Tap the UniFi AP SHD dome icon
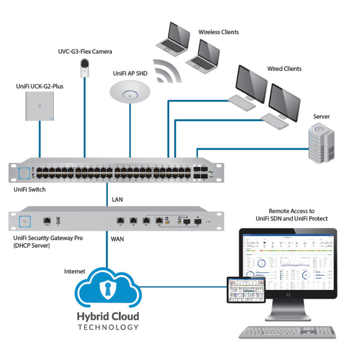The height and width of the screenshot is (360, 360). pos(130,91)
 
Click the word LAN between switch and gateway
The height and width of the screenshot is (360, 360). pos(117,198)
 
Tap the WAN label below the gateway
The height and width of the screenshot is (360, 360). pos(117,239)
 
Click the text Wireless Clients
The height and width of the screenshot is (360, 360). pos(219,32)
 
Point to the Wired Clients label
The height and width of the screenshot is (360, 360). pos(284,69)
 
